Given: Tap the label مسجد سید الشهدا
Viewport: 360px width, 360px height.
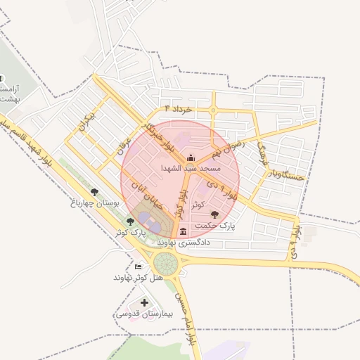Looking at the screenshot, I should click(x=191, y=169).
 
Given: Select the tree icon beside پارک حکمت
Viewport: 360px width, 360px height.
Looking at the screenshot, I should click(x=214, y=214).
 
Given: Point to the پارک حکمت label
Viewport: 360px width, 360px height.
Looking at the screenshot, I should click(x=218, y=226).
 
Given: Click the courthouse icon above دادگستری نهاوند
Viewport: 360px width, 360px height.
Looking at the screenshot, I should click(x=183, y=231).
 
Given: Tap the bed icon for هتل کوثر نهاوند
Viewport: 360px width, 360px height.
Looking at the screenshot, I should click(x=138, y=267).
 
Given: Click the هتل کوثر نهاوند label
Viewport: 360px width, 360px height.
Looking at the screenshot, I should click(x=138, y=278).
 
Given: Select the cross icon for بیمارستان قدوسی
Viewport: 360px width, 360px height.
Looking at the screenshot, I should click(x=144, y=303).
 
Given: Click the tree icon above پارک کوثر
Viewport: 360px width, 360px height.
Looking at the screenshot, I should click(x=130, y=221).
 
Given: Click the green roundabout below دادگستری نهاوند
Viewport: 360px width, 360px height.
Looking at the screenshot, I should click(x=167, y=264).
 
